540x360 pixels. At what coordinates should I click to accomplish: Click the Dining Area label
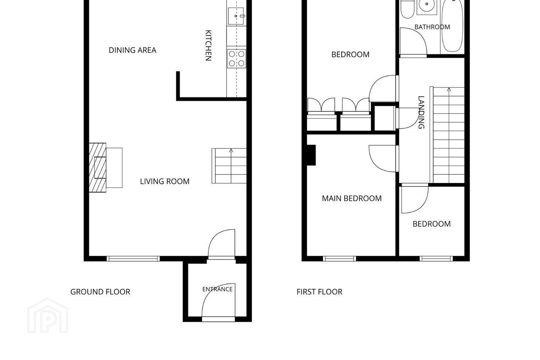click(x=132, y=50)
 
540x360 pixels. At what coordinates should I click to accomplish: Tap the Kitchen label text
click(x=208, y=45)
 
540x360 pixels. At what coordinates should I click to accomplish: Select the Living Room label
click(x=165, y=181)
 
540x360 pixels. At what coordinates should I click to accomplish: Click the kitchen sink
click(x=236, y=16)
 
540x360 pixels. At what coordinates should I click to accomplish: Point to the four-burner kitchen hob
click(x=237, y=58)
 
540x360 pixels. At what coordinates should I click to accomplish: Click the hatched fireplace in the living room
click(x=97, y=168)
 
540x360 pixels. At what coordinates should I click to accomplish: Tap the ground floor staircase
click(x=229, y=166)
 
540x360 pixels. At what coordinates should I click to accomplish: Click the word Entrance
click(x=217, y=289)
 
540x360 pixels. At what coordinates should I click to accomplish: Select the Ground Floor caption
click(x=100, y=292)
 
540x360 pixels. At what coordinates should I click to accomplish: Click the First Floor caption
click(x=319, y=292)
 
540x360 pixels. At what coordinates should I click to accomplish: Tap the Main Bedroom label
click(x=352, y=198)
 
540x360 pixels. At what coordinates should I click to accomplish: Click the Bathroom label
click(x=432, y=27)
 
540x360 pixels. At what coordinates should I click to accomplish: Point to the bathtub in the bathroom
click(x=452, y=26)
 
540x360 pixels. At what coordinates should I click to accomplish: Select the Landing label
click(x=421, y=112)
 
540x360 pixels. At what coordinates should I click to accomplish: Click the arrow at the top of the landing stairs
click(x=449, y=90)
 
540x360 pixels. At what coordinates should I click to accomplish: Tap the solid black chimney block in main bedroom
click(x=311, y=155)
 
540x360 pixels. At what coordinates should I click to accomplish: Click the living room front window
click(x=133, y=259)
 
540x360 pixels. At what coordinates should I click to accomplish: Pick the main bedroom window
click(x=339, y=259)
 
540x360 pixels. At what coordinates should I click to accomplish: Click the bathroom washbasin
click(x=427, y=6)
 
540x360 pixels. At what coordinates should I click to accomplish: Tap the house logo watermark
click(x=48, y=315)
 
